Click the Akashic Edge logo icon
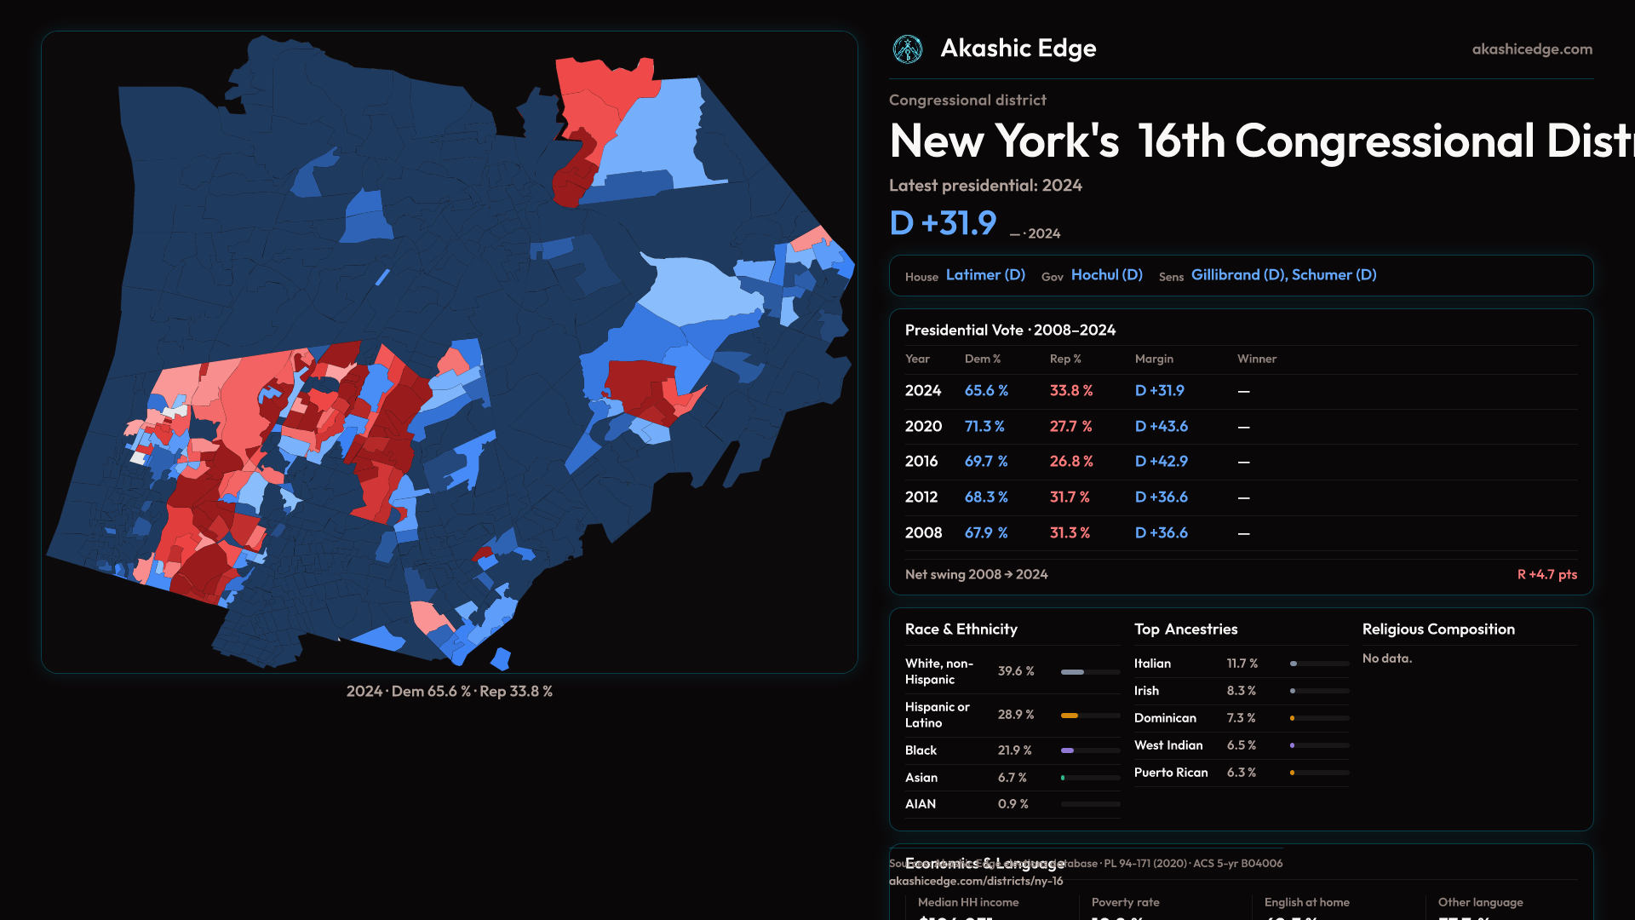(907, 49)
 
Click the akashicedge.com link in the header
(1532, 49)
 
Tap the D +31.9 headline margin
(943, 223)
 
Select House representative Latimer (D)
(985, 275)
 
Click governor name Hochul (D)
(1106, 275)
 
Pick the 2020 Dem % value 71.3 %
(984, 426)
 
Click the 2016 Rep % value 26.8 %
(1071, 461)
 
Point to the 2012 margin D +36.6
(1161, 497)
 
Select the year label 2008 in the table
(923, 532)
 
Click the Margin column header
(1154, 359)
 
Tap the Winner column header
(1256, 359)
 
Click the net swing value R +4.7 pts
(1546, 574)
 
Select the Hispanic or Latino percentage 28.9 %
(1016, 715)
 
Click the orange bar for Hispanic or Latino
(1070, 716)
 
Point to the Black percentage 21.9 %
(1014, 750)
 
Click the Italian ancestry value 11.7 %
(1242, 664)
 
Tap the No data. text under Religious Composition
(1386, 658)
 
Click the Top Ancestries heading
(1185, 630)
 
